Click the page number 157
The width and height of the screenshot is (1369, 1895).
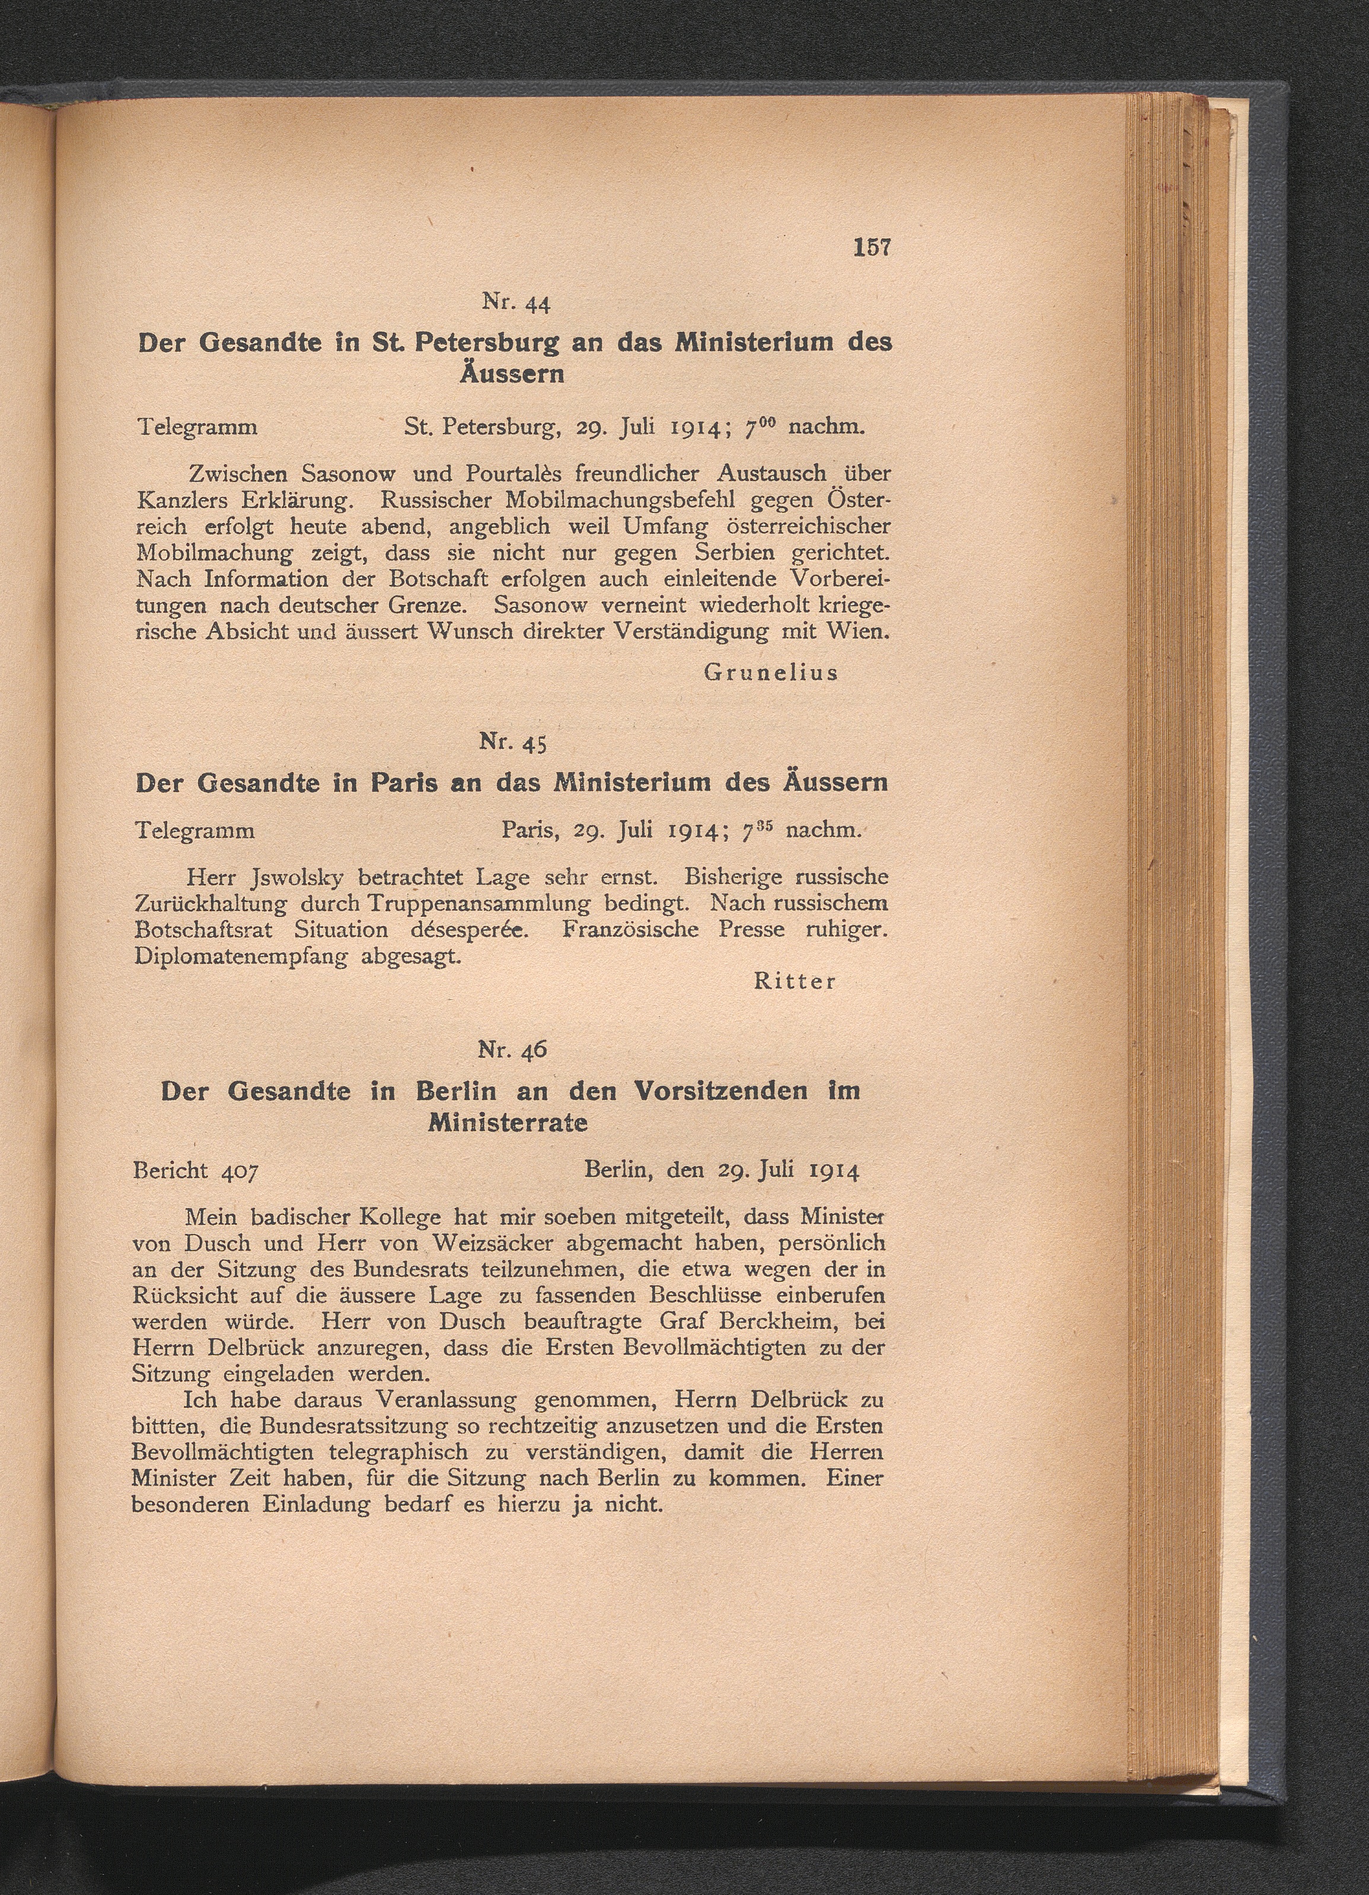872,248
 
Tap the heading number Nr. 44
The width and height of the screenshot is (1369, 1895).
516,302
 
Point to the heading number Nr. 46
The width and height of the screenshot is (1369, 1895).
512,1049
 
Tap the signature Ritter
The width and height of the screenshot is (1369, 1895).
794,982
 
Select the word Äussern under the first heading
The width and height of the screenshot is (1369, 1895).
512,373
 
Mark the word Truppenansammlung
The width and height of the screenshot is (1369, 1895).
478,904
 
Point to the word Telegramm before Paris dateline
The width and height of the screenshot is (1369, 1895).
194,831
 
